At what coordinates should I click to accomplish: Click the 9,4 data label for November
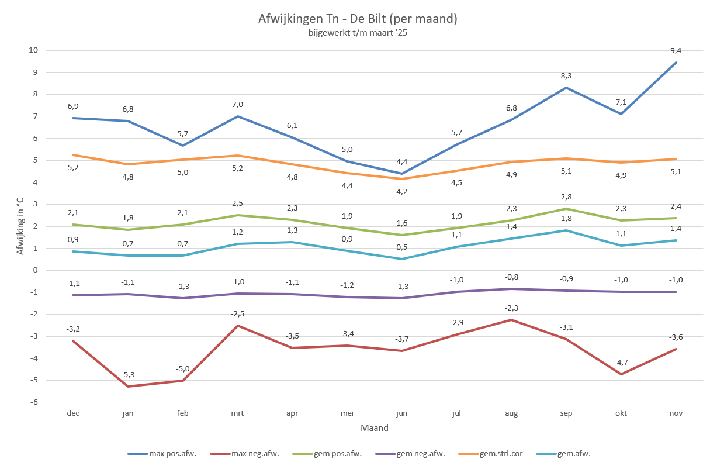(676, 51)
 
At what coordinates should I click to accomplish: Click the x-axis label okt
(621, 413)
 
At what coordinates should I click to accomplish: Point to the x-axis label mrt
(237, 413)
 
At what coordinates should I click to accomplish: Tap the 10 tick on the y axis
(33, 50)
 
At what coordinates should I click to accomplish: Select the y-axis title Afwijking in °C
(20, 226)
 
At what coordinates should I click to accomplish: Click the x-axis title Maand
(375, 427)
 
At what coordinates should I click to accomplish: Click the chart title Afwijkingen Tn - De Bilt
(358, 19)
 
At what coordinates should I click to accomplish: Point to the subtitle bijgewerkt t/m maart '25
(358, 33)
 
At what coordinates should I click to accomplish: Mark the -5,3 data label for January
(128, 375)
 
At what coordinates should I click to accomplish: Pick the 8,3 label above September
(566, 76)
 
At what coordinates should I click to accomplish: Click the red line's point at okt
(621, 374)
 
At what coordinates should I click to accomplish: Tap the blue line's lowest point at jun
(401, 174)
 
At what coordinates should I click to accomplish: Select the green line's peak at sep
(566, 209)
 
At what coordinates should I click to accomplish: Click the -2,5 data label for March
(237, 314)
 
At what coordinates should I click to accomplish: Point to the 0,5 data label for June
(401, 247)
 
